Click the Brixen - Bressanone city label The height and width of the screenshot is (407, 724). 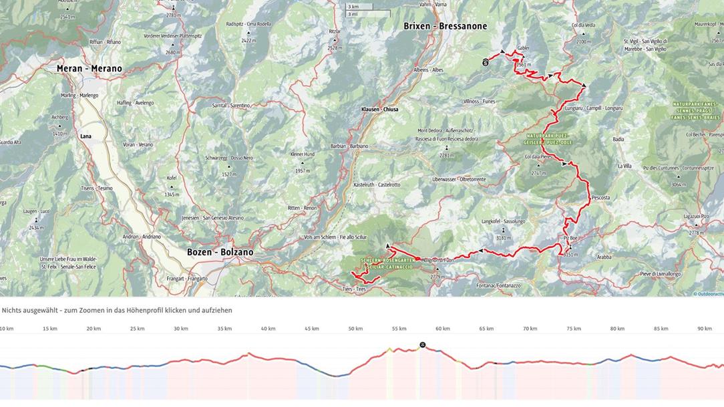click(x=445, y=26)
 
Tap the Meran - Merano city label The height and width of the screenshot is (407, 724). click(x=89, y=69)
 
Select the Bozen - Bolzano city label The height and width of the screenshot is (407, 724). click(x=220, y=252)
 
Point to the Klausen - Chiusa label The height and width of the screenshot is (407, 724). click(x=379, y=109)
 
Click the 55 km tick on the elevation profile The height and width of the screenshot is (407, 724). click(x=399, y=329)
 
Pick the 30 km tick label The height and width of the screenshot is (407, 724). click(x=181, y=329)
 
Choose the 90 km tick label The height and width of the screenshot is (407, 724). click(x=704, y=329)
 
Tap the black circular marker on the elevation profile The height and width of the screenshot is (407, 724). click(x=422, y=345)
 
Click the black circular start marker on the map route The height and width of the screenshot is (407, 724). click(x=486, y=62)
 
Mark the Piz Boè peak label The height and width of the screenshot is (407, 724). click(x=570, y=238)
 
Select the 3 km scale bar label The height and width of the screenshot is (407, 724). click(x=353, y=7)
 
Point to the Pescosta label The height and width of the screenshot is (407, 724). click(x=600, y=198)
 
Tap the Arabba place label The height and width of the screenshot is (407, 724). click(x=604, y=257)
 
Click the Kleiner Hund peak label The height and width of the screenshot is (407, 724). click(x=302, y=154)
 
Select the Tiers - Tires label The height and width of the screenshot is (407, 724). click(x=354, y=289)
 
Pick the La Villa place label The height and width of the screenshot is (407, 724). click(x=624, y=166)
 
